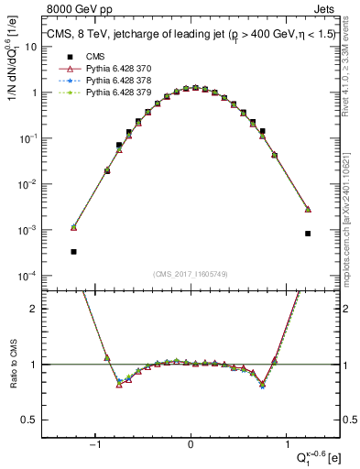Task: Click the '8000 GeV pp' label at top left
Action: (x=67, y=10)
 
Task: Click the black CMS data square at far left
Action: (x=73, y=251)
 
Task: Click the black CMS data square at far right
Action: (x=308, y=234)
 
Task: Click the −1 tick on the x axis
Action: (x=94, y=446)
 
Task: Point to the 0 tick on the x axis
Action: (x=191, y=446)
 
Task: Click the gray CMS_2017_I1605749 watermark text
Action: (x=191, y=275)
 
